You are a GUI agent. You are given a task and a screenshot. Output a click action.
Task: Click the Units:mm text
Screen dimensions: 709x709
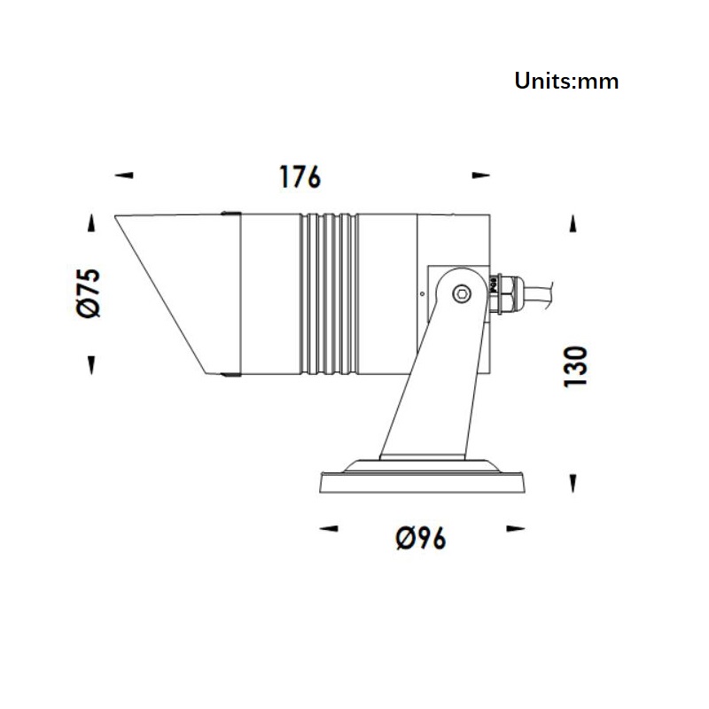click(x=566, y=82)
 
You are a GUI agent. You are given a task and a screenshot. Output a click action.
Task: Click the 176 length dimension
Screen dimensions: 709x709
click(x=300, y=176)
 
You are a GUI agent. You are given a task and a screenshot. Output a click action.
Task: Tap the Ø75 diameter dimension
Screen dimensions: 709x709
click(x=89, y=293)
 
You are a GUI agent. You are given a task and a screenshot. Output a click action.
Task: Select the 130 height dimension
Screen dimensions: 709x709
click(x=575, y=366)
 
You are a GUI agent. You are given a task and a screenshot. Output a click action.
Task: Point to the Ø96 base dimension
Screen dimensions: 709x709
click(x=421, y=538)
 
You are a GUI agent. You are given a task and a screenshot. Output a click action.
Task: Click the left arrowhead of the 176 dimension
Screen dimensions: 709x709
click(x=124, y=175)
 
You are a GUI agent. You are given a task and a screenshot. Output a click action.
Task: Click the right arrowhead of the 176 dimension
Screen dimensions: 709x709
click(x=480, y=175)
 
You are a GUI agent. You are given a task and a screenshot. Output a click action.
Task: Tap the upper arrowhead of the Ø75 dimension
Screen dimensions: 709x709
click(x=92, y=223)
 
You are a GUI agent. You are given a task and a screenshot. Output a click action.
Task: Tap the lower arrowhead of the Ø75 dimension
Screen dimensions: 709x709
click(x=92, y=365)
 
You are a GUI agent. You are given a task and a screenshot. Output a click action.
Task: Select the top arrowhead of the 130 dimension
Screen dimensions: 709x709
click(x=573, y=223)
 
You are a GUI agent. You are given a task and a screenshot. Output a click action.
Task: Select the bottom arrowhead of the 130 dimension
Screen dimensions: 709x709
click(x=573, y=483)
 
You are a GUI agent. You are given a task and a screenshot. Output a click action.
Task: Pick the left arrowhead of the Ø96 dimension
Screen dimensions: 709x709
click(x=329, y=528)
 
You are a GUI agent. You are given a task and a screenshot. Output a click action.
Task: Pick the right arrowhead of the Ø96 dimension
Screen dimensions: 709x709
click(x=516, y=528)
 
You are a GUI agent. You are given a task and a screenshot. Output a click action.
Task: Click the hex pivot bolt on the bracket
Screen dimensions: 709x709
click(x=462, y=294)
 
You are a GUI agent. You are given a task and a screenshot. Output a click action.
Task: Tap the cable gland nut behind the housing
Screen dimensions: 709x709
click(x=505, y=294)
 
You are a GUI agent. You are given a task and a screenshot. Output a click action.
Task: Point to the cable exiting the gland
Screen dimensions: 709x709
click(x=538, y=294)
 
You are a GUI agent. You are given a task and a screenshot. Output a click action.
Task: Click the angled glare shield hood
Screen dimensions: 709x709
click(x=177, y=294)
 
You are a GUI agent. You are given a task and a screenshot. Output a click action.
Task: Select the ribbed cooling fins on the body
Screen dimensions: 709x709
click(x=329, y=294)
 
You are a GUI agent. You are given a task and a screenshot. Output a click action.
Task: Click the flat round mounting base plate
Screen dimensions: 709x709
click(x=423, y=482)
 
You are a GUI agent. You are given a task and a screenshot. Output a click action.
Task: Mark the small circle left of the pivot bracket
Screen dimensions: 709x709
click(x=423, y=294)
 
